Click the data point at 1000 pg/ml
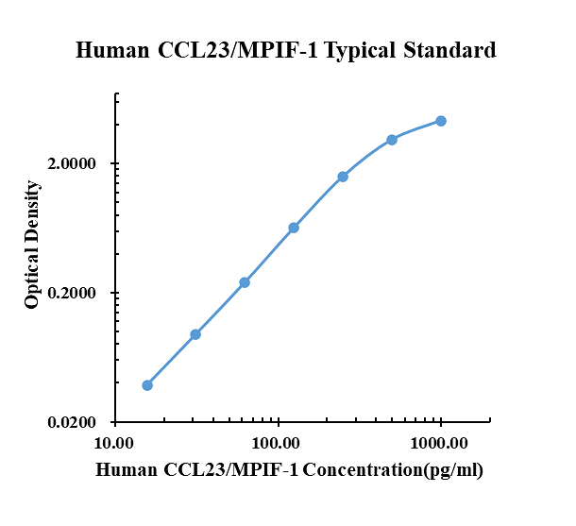pos(441,121)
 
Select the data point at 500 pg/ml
pos(392,140)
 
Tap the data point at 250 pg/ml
pos(343,177)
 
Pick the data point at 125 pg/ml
pos(294,228)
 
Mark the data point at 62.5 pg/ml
pos(245,282)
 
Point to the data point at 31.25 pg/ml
pos(195,334)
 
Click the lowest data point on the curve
pos(147,385)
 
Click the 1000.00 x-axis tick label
pos(440,443)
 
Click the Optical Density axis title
pos(33,246)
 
